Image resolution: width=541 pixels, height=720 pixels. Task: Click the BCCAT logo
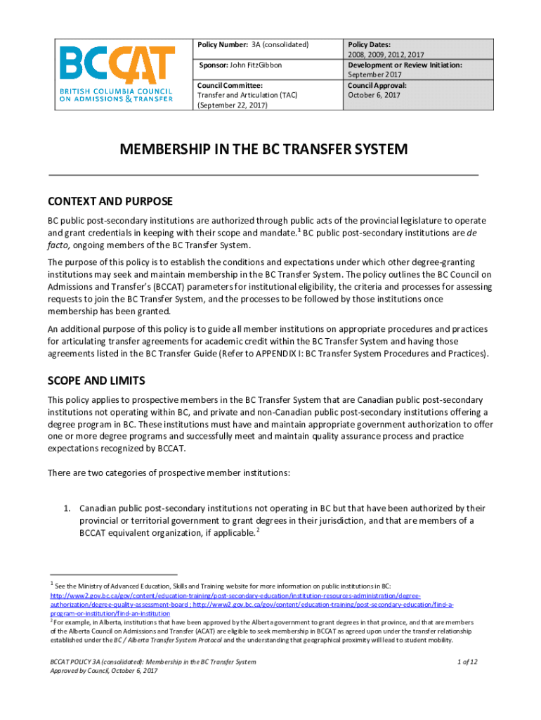coord(116,75)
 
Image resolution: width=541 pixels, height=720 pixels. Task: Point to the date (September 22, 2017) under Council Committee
coord(233,105)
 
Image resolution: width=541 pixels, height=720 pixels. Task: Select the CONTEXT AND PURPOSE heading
coord(110,202)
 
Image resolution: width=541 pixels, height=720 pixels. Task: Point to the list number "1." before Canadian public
coord(69,508)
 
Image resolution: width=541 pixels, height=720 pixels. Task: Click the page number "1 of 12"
coord(468,662)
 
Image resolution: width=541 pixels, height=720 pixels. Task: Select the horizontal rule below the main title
coord(263,173)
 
